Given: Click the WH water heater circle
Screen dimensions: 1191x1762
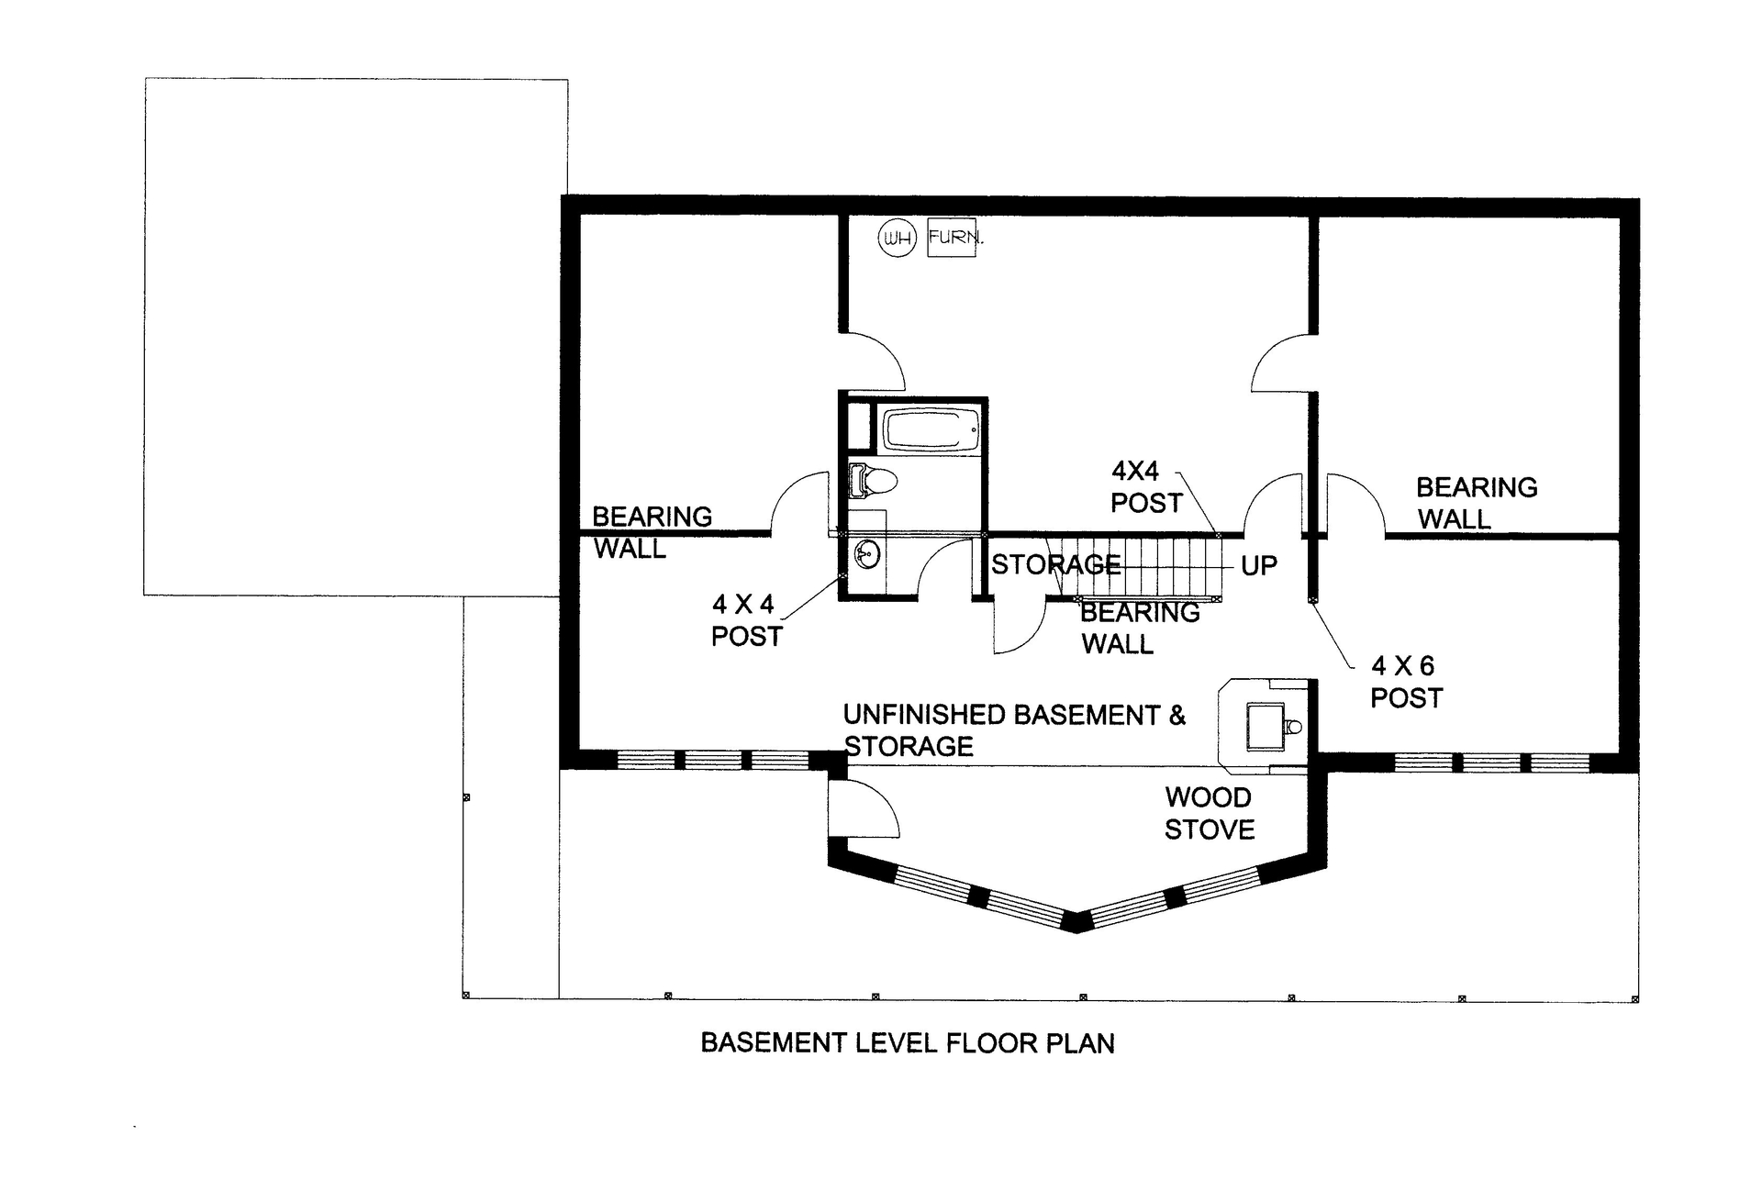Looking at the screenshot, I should (897, 239).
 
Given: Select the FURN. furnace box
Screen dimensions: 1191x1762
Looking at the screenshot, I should (952, 238).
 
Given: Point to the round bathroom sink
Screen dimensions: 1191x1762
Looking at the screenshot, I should (866, 553).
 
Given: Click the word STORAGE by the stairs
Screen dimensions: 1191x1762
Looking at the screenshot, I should (1055, 565).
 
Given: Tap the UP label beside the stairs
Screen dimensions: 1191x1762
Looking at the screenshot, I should (1258, 566).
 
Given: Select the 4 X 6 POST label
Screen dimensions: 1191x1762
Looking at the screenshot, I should (1405, 682).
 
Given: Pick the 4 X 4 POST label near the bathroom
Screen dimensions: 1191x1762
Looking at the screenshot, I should (746, 620).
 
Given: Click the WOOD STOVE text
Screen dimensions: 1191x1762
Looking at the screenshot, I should (1209, 813).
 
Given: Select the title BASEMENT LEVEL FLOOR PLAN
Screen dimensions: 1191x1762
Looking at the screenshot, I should (907, 1043).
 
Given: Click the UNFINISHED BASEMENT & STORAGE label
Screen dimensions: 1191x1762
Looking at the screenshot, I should (1013, 730).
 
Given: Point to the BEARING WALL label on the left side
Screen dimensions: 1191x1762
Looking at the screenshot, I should (651, 532).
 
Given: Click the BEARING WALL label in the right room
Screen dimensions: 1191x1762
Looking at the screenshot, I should (1476, 503).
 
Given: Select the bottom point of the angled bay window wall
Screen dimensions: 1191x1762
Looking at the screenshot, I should (1078, 929).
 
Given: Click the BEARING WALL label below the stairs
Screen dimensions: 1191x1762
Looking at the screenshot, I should (1139, 628).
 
